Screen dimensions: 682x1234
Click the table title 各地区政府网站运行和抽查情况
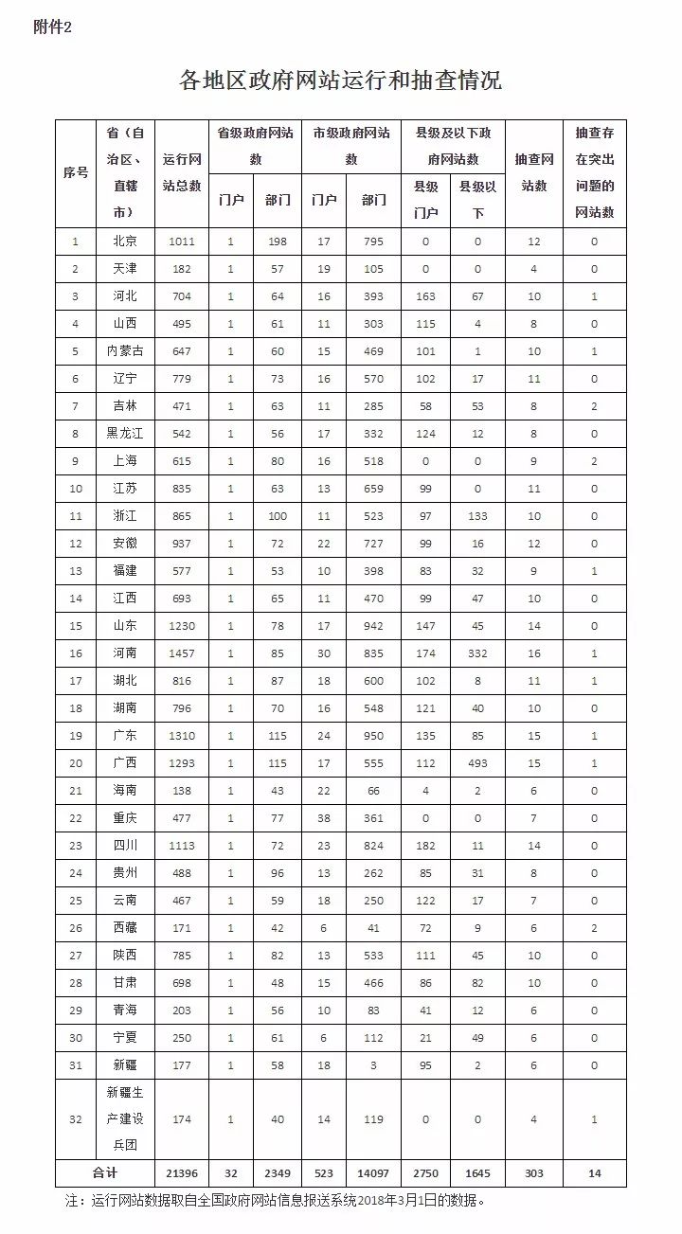point(340,80)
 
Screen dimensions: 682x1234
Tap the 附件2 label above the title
point(52,27)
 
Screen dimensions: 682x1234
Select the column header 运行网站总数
point(182,172)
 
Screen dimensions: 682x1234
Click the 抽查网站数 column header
point(534,172)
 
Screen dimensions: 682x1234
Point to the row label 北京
point(124,241)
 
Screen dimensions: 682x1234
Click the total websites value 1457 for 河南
point(182,653)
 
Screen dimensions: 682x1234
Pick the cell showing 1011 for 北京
point(182,241)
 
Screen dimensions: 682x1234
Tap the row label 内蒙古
point(124,351)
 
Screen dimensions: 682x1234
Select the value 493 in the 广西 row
point(477,736)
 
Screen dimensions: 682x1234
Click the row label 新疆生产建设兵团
point(124,1118)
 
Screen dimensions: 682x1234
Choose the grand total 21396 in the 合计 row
point(182,1172)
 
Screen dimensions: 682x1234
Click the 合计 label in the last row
point(104,1172)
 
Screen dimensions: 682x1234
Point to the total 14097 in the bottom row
point(374,1172)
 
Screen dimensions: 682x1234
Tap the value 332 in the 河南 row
point(477,653)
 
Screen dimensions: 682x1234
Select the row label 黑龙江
point(124,434)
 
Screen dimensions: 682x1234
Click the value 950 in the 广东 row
point(374,708)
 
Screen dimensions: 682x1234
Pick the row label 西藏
point(124,928)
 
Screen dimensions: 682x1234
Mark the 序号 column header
point(76,172)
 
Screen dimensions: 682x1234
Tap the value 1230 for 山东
point(182,626)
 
